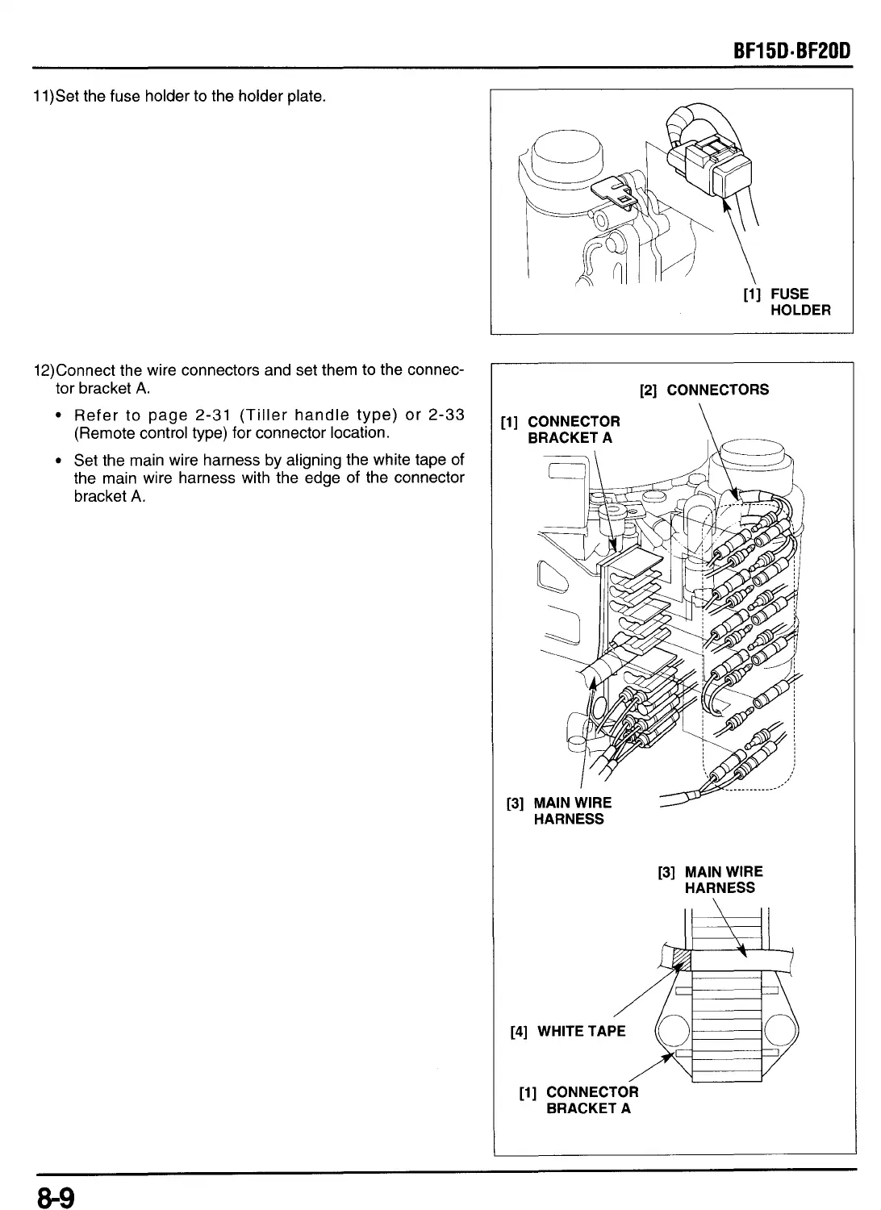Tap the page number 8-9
click(54, 1195)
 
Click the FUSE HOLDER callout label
click(787, 302)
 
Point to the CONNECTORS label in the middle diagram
click(704, 390)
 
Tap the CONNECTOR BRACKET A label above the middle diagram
click(561, 429)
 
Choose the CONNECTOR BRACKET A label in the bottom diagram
click(579, 1099)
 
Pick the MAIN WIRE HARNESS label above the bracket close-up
click(711, 879)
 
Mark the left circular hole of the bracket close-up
click(670, 1033)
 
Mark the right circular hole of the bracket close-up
click(781, 1033)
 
